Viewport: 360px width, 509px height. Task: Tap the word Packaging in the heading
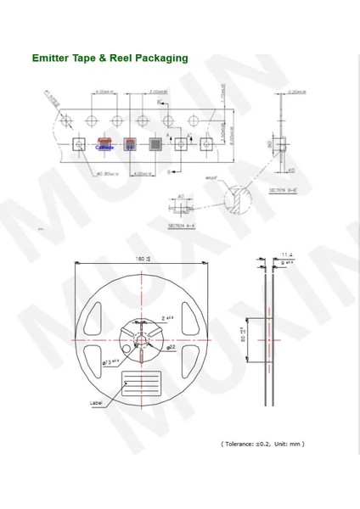(x=160, y=59)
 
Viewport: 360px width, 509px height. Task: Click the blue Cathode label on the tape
(x=104, y=147)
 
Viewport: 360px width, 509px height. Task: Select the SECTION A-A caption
(x=182, y=226)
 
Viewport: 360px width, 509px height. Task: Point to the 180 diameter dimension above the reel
(x=142, y=259)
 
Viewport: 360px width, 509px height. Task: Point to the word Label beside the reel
(x=96, y=403)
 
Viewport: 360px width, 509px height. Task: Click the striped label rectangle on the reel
(x=142, y=383)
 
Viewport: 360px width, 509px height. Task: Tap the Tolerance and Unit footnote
(x=262, y=444)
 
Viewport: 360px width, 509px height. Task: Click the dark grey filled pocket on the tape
(x=155, y=144)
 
